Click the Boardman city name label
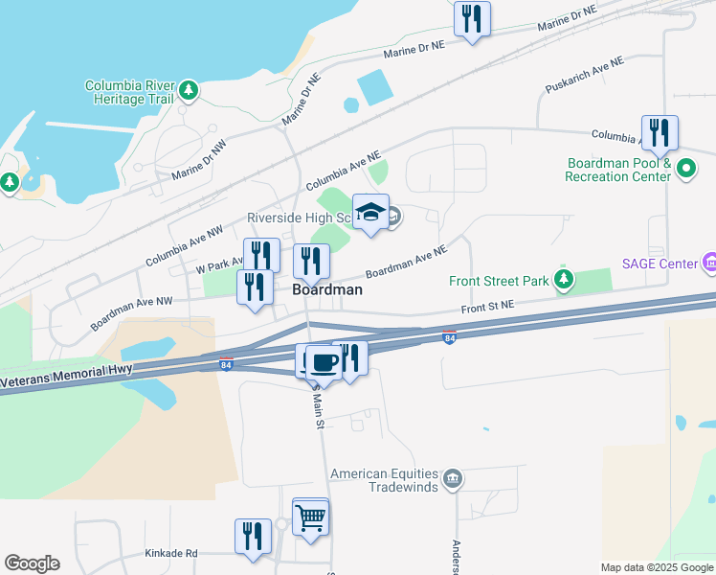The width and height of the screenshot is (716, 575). (326, 288)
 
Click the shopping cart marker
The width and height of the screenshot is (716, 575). (310, 518)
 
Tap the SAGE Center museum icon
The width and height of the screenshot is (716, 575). (709, 261)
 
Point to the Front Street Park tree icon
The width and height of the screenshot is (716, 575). (565, 280)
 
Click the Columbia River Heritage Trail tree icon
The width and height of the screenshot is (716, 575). (190, 90)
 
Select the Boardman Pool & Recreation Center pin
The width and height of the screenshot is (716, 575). (685, 170)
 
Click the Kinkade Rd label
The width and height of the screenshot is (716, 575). (171, 553)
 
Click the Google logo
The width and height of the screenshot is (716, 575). (32, 563)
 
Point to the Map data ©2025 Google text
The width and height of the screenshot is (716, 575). (657, 567)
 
